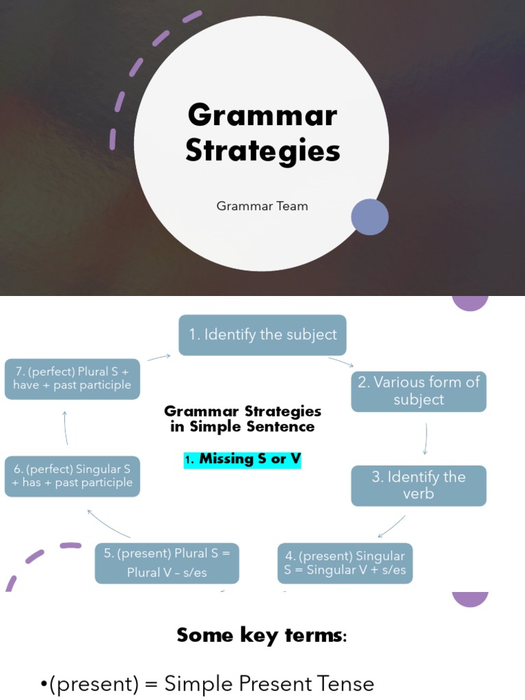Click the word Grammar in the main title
262,115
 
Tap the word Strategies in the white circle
262,151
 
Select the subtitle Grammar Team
262,206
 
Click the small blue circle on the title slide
370,217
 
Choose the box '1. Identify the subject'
262,335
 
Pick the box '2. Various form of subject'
418,391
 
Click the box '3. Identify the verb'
418,485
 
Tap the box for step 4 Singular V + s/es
345,563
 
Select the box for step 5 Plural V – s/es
167,563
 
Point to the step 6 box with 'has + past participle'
72,476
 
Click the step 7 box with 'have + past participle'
72,379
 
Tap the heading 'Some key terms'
262,635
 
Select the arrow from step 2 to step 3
425,438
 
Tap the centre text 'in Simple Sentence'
243,427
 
